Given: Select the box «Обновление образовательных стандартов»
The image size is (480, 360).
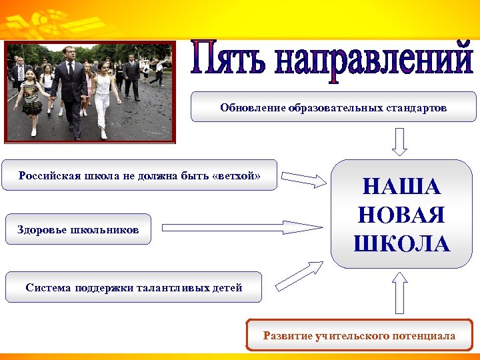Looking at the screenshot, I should tap(333, 107).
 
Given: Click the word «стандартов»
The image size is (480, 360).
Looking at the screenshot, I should tap(418, 107).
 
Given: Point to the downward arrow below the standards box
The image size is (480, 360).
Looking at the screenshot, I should tap(399, 141).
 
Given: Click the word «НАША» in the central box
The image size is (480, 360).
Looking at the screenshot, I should tap(401, 187).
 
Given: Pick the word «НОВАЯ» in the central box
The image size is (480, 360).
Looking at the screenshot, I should tap(401, 215).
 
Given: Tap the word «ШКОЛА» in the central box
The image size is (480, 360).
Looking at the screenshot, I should tap(401, 243).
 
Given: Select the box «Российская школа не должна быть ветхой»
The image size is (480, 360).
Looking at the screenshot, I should tap(139, 175).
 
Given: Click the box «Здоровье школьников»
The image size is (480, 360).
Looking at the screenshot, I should tap(78, 229).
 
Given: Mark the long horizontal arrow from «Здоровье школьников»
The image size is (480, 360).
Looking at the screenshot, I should tap(241, 227).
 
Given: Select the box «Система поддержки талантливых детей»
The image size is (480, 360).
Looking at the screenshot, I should tap(133, 287).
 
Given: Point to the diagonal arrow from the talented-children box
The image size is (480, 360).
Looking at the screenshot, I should tap(299, 275).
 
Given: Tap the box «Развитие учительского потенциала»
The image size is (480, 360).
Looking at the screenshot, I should tap(359, 335).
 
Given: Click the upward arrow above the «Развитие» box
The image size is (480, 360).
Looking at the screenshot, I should tap(400, 293).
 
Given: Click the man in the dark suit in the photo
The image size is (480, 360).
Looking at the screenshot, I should tap(70, 90).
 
